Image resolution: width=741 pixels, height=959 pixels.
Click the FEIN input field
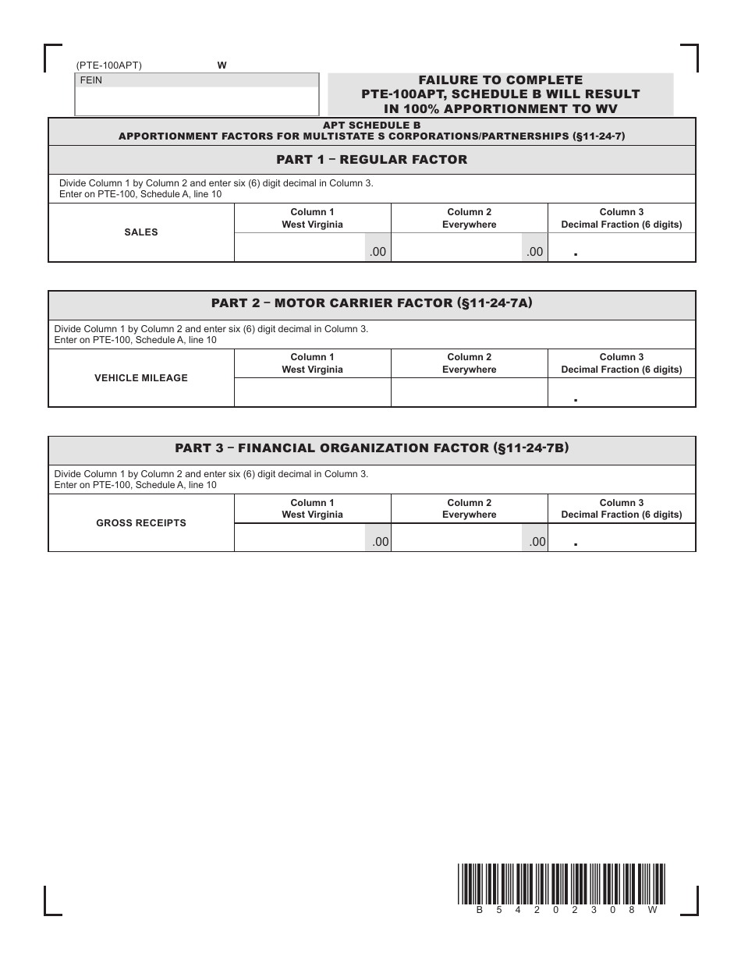pyautogui.click(x=197, y=101)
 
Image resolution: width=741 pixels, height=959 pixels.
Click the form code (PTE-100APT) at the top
pyautogui.click(x=109, y=66)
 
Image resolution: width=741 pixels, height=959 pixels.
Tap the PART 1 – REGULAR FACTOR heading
pyautogui.click(x=372, y=160)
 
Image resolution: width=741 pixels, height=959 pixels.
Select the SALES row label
pyautogui.click(x=141, y=232)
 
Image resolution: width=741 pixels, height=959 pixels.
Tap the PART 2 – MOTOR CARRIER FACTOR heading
pyautogui.click(x=372, y=305)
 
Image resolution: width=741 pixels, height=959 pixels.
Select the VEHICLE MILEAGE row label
pyautogui.click(x=141, y=378)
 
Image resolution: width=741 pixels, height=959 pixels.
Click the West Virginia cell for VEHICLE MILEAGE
pyautogui.click(x=312, y=392)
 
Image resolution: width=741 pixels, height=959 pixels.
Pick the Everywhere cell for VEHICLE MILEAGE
pyautogui.click(x=469, y=392)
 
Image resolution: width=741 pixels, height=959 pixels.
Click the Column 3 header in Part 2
pyautogui.click(x=622, y=363)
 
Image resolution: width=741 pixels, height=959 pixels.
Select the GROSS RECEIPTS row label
pyautogui.click(x=141, y=523)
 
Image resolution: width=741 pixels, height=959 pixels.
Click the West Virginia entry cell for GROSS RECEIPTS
pyautogui.click(x=300, y=538)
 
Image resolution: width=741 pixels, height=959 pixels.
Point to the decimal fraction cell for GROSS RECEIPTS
pyautogui.click(x=622, y=538)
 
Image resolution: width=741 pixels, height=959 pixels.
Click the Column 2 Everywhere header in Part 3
pyautogui.click(x=469, y=508)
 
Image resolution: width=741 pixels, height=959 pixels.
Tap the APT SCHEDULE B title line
pyautogui.click(x=372, y=125)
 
